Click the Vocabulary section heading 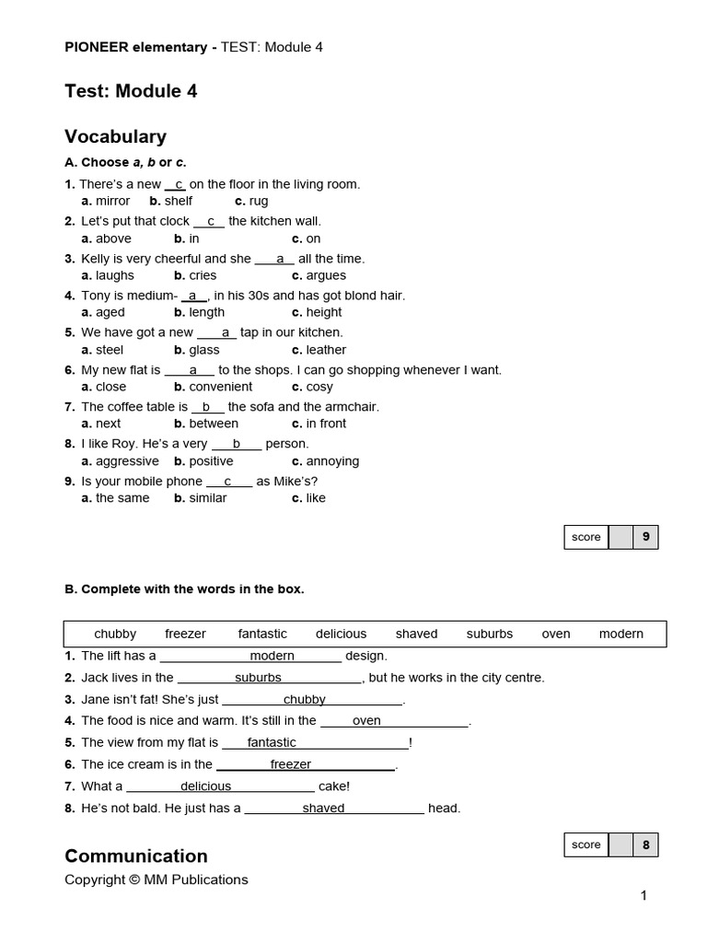coord(115,137)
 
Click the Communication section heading coord(135,856)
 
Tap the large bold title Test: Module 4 coord(131,91)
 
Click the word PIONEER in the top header coord(99,47)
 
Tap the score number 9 coord(645,537)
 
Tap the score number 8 coord(645,844)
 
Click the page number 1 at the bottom coord(643,895)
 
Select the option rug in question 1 coord(259,201)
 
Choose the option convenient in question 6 coord(221,387)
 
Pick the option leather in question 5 coord(326,350)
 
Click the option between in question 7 coord(214,424)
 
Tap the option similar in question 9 coord(208,498)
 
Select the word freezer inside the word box coord(185,634)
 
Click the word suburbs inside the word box coord(489,634)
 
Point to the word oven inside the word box coord(556,634)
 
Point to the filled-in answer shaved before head coord(323,809)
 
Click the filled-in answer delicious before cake coord(205,786)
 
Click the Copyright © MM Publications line coord(156,879)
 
